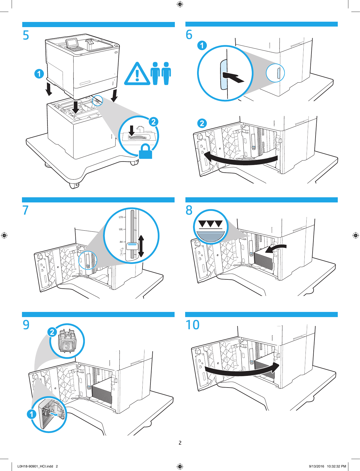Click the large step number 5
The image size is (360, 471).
tap(26, 35)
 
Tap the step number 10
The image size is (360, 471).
tap(192, 325)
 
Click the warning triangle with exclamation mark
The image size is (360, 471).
tap(137, 74)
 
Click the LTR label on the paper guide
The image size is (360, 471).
tap(121, 217)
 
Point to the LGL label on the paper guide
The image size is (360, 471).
tap(121, 229)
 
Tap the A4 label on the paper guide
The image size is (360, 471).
tap(121, 242)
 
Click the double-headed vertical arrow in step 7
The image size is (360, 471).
tap(141, 246)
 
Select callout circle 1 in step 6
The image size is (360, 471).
tap(202, 45)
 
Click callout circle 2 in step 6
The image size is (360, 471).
tap(202, 123)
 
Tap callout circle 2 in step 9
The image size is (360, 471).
tap(52, 332)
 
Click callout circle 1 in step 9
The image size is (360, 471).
tap(32, 414)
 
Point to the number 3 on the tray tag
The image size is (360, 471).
tap(67, 346)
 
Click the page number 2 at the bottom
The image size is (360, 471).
tap(180, 443)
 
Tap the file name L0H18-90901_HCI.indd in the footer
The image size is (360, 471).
tap(35, 466)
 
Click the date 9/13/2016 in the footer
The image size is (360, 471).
tap(316, 466)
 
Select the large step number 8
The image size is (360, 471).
tap(189, 210)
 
